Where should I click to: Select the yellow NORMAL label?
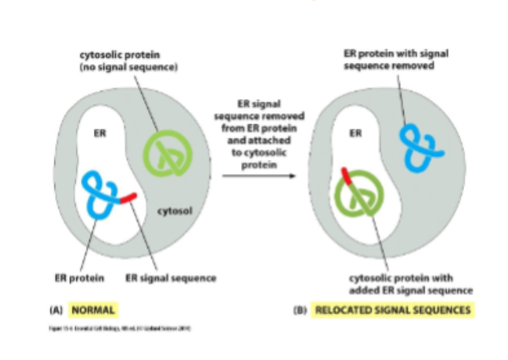pos(95,309)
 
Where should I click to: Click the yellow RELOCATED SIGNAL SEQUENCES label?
pos(393,310)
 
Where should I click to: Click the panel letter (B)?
pos(299,310)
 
